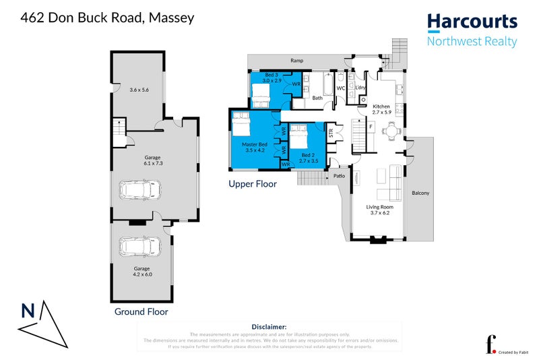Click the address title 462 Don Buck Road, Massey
(x=108, y=18)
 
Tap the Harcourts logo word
(x=472, y=22)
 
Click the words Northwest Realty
(x=472, y=42)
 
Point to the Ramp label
(x=296, y=61)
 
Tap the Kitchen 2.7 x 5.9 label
(x=381, y=109)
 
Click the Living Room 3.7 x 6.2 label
(x=378, y=210)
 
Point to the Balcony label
(x=420, y=193)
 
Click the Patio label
(x=339, y=177)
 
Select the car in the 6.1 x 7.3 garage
(x=140, y=190)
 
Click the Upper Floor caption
(x=253, y=183)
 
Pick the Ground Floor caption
(x=141, y=312)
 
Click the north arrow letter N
(x=28, y=311)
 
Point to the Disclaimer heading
(x=269, y=326)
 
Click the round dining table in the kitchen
(x=387, y=131)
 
